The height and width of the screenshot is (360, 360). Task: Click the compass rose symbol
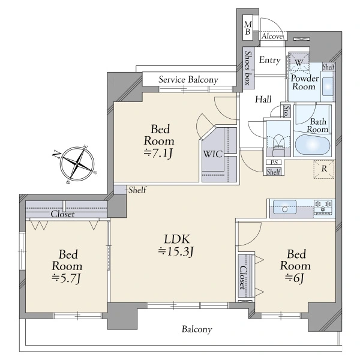(77, 164)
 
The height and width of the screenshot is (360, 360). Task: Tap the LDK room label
(177, 239)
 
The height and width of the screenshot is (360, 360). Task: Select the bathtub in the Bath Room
(313, 145)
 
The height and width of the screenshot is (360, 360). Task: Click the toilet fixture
(278, 145)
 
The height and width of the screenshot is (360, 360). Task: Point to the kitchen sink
(284, 207)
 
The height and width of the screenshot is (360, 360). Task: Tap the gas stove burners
(323, 208)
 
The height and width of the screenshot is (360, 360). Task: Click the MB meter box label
(247, 28)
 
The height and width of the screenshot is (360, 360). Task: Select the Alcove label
(272, 36)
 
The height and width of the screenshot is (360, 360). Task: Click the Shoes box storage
(249, 68)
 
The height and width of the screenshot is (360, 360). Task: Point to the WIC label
(213, 154)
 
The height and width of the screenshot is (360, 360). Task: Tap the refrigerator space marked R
(324, 169)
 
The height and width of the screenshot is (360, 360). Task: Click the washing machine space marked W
(298, 62)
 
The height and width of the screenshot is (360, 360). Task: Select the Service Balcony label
(188, 80)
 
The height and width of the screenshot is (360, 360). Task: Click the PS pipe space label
(274, 163)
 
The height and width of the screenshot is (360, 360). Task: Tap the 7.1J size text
(158, 153)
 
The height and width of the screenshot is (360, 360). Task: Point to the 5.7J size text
(66, 278)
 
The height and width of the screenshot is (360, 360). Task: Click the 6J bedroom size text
(295, 278)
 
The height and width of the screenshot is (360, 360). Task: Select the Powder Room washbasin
(328, 86)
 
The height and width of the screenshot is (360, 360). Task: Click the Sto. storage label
(286, 111)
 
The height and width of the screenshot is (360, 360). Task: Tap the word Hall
(263, 100)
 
